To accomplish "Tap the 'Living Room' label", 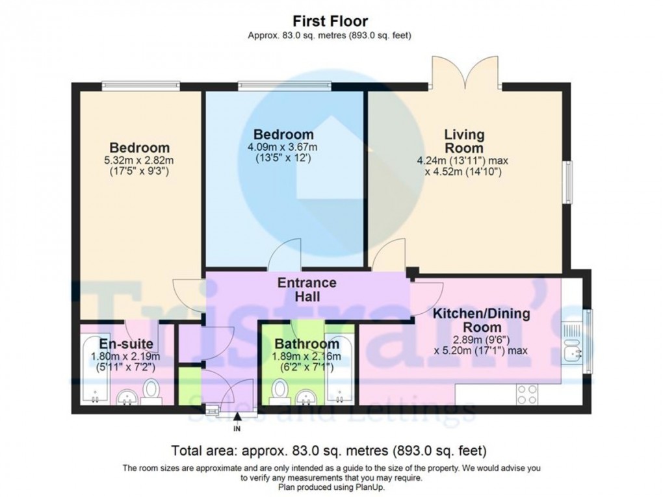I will click(464, 142).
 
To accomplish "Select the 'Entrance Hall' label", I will click(307, 290).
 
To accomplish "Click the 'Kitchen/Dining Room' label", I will click(482, 320).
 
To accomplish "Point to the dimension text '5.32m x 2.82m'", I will click(139, 161).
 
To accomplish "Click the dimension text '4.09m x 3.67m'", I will click(283, 147).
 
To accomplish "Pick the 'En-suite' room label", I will click(126, 343).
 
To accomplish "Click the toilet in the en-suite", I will click(151, 391).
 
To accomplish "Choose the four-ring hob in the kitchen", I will click(526, 393).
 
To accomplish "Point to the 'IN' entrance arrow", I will click(237, 422).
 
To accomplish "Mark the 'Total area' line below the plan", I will click(329, 450).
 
